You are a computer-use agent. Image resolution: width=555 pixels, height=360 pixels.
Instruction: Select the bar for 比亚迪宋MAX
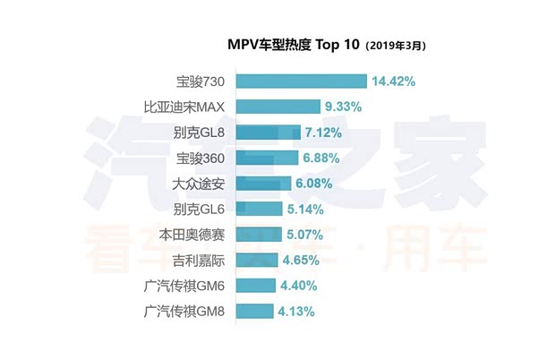click(x=278, y=107)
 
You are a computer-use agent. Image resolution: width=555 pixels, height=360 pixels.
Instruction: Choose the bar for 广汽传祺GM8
click(x=254, y=312)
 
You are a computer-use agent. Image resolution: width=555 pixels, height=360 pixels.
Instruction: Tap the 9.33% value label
click(x=344, y=107)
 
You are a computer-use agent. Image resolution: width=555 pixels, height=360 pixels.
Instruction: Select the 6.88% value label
click(x=322, y=158)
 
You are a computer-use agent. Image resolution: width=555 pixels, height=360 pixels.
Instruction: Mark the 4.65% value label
click(x=301, y=261)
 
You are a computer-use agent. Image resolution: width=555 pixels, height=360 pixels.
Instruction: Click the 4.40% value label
click(x=298, y=287)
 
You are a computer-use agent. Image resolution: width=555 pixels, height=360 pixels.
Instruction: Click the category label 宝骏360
click(x=200, y=159)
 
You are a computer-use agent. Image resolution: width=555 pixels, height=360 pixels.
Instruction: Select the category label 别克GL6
click(x=198, y=210)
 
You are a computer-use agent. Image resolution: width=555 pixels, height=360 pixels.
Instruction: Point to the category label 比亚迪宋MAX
click(x=184, y=107)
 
